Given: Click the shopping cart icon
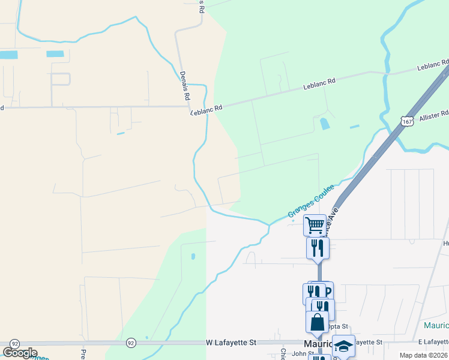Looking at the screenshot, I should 315,226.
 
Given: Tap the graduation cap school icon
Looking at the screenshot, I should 343,346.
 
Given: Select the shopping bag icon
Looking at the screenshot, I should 317,322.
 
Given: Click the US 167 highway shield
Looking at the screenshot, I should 408,121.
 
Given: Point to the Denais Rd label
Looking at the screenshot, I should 185,85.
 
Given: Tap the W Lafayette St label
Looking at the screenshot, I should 231,342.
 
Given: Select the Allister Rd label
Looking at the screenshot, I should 436,113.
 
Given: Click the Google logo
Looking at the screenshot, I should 20,353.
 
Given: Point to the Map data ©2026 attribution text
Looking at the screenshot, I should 422,355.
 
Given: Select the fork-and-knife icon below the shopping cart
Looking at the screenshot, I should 318,247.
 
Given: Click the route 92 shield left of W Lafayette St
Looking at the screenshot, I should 131,343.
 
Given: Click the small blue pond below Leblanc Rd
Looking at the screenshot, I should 325,124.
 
